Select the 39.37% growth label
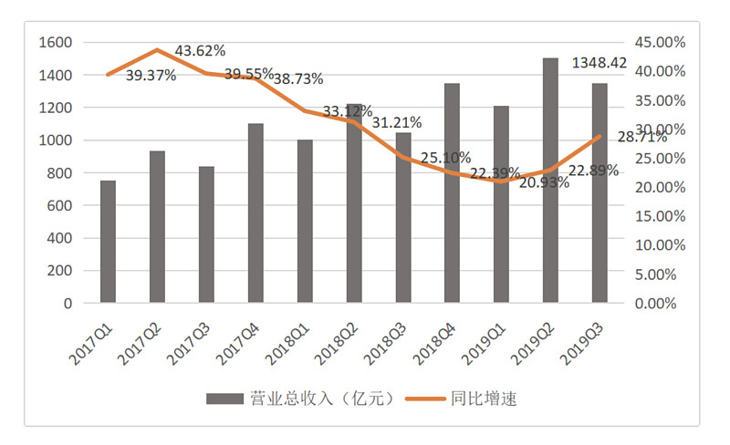tap(151, 76)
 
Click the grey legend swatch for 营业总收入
tap(223, 398)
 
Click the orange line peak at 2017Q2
tap(157, 49)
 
